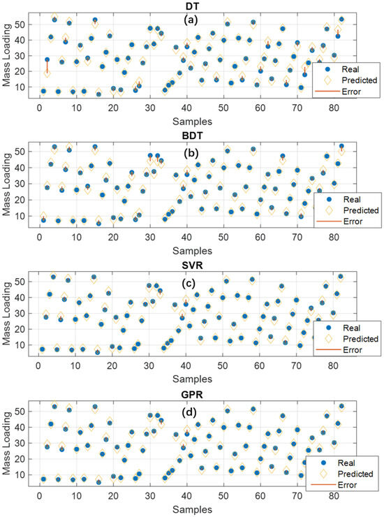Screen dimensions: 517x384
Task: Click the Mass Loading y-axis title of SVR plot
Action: tap(6, 308)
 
